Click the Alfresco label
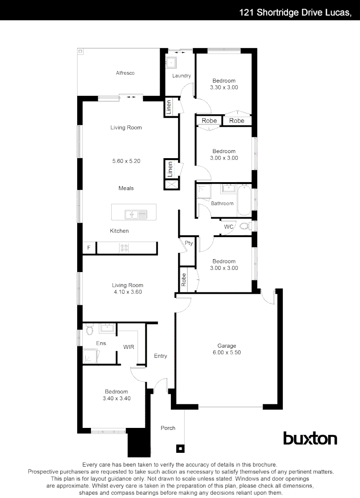[125, 73]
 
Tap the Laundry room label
[181, 76]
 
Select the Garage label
[227, 346]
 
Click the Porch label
[168, 428]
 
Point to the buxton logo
[310, 438]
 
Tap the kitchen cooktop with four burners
[125, 248]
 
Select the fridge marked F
[89, 248]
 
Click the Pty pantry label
[188, 243]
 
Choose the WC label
[228, 227]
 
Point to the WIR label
[128, 347]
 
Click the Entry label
[161, 356]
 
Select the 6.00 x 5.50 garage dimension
[227, 352]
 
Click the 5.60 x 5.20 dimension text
[126, 161]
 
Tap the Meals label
[126, 188]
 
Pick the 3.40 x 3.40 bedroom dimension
[116, 398]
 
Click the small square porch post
[180, 448]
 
